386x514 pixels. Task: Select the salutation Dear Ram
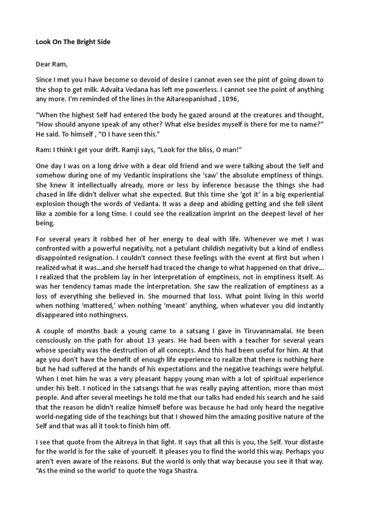[51, 64]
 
